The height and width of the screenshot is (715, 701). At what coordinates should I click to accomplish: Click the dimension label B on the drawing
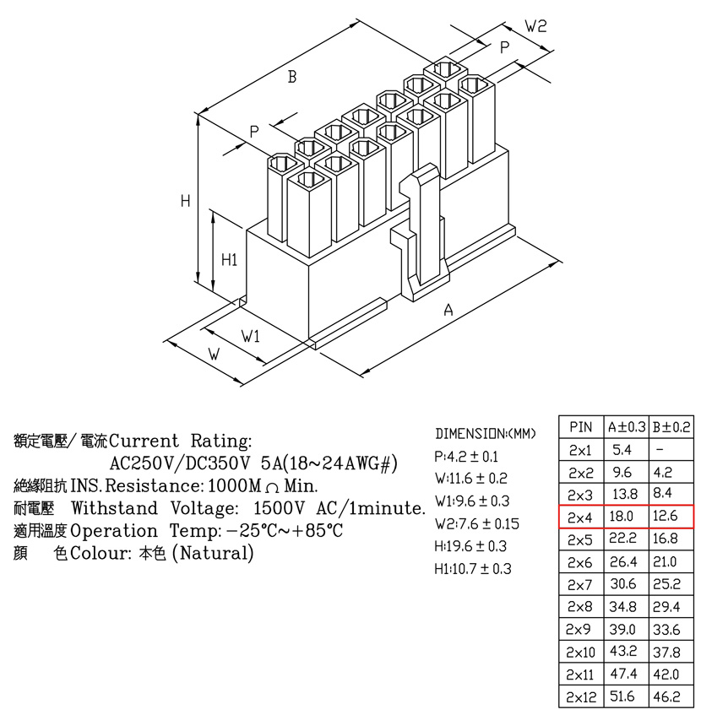click(x=292, y=77)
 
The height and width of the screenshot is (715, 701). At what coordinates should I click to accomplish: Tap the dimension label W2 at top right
click(x=535, y=26)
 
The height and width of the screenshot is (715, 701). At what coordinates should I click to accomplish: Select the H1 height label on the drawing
click(x=230, y=260)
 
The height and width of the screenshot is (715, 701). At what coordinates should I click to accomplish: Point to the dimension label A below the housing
click(x=448, y=310)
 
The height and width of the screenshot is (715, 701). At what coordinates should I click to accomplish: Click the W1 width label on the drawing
click(x=250, y=337)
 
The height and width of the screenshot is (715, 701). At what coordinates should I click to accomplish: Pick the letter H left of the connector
click(x=185, y=201)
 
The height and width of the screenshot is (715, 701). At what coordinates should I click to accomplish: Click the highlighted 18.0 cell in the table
click(x=621, y=516)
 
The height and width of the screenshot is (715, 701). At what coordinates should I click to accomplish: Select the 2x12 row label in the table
click(x=581, y=697)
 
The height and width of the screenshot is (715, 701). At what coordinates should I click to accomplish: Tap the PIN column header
click(x=580, y=427)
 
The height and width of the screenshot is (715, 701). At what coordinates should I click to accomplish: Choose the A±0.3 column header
click(x=627, y=427)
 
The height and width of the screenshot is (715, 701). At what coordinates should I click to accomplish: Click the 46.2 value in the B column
click(x=666, y=696)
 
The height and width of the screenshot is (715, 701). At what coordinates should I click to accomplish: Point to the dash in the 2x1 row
click(x=660, y=450)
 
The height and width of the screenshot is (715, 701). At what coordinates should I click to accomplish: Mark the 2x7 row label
click(x=579, y=585)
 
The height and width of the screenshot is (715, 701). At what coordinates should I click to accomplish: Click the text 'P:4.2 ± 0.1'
click(x=466, y=457)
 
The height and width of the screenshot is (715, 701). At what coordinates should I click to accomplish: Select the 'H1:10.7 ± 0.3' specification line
click(x=473, y=569)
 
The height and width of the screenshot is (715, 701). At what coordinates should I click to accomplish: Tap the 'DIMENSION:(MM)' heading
click(x=486, y=433)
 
